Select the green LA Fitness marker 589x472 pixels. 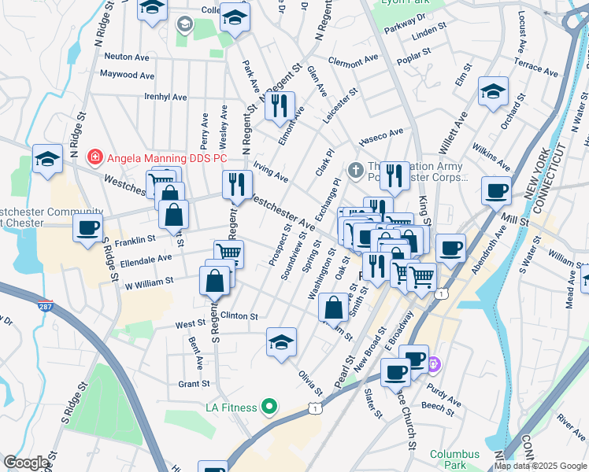[269, 407]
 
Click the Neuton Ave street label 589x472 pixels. [126, 57]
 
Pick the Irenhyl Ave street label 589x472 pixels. [165, 97]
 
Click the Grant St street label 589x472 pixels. [193, 384]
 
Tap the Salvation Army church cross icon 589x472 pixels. [355, 169]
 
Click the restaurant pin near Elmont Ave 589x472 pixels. [280, 106]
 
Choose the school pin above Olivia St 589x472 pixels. [281, 342]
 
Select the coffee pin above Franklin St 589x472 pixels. [87, 228]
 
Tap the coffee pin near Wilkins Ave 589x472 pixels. [495, 190]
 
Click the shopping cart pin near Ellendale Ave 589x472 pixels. [228, 253]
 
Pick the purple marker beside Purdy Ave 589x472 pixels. [434, 366]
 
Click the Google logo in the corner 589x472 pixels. [25, 463]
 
